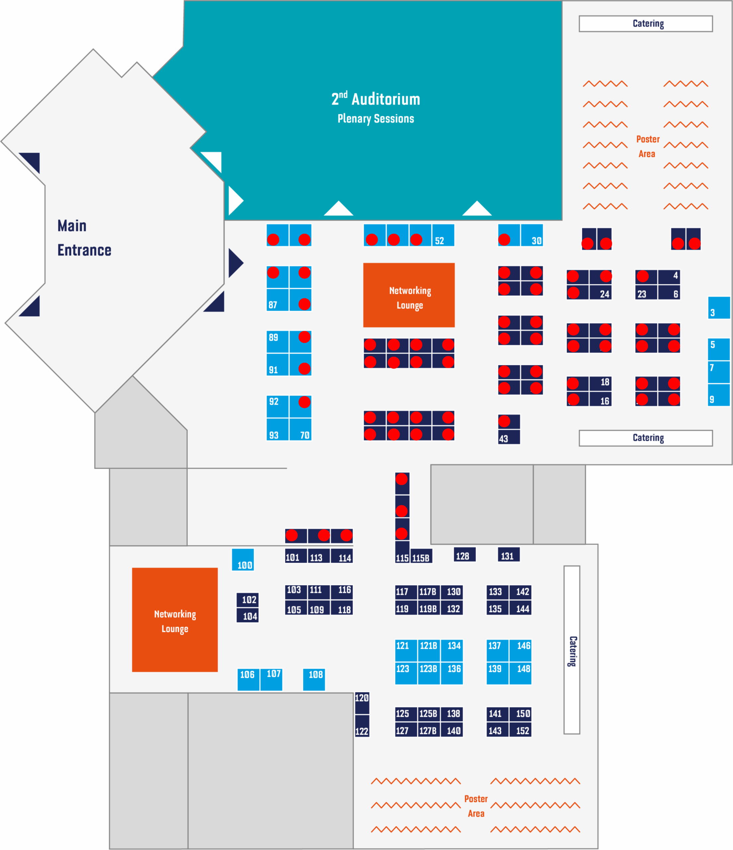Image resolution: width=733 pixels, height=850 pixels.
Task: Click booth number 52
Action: [443, 235]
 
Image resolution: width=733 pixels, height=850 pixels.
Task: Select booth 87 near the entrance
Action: [277, 299]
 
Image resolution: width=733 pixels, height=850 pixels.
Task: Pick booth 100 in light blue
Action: [243, 559]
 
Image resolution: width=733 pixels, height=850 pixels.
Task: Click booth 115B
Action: [421, 556]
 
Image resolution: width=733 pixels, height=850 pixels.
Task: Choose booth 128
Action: [464, 554]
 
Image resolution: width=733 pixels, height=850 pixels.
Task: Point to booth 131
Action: [509, 554]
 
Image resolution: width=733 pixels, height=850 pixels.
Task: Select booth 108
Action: [314, 680]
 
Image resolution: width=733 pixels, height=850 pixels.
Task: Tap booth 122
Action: [362, 726]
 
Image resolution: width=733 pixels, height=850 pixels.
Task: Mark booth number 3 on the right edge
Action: [719, 308]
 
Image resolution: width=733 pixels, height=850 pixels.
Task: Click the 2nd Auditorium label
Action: [375, 99]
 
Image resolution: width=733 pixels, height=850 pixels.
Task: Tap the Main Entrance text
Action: [84, 238]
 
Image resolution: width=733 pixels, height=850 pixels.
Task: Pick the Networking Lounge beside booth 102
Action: [175, 620]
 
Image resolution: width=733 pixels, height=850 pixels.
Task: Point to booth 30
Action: [531, 235]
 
